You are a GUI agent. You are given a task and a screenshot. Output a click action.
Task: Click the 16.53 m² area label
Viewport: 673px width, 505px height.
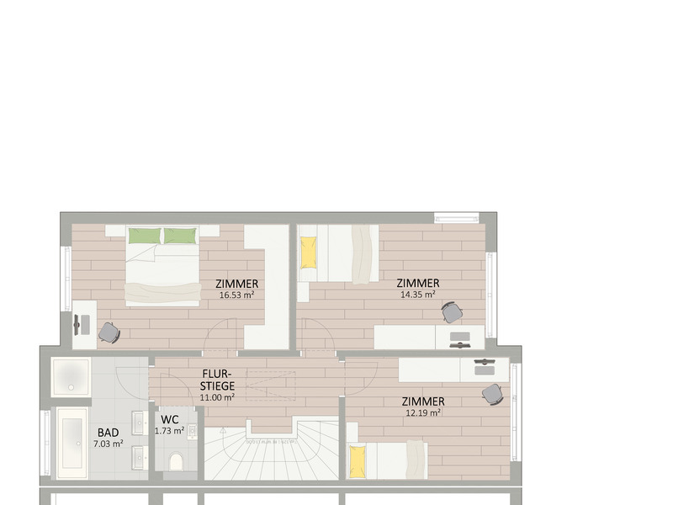[x=236, y=295]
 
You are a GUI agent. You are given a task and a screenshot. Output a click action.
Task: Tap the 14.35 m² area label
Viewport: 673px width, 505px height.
[x=417, y=295]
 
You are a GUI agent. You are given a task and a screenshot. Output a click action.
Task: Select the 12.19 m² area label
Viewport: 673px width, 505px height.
[x=423, y=412]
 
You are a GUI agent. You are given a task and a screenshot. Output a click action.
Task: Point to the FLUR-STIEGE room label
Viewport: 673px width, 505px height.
[x=217, y=380]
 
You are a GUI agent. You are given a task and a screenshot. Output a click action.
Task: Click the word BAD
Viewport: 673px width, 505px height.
[x=108, y=433]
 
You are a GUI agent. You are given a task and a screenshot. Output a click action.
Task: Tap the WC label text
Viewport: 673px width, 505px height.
[x=169, y=419]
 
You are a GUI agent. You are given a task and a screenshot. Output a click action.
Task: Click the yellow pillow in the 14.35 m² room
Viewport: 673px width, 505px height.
[x=309, y=250]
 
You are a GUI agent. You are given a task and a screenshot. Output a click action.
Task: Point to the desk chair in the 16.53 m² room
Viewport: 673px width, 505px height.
[x=109, y=332]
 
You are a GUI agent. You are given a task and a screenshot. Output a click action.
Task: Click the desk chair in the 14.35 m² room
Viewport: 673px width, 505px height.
[x=453, y=312]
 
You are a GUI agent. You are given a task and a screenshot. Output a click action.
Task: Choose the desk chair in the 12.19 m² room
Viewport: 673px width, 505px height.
[x=491, y=393]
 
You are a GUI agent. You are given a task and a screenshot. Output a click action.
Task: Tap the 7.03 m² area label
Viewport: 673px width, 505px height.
[x=108, y=444]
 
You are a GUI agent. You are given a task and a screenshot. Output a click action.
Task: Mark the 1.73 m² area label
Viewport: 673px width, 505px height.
[x=169, y=430]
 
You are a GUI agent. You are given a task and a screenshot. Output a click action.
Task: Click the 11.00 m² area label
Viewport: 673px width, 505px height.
[x=217, y=396]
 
